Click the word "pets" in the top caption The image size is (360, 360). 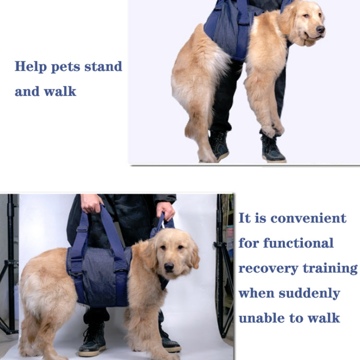click(x=64, y=66)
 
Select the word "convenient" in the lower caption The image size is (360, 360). click(x=308, y=218)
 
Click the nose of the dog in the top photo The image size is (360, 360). click(x=320, y=30)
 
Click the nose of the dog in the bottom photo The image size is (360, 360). click(x=169, y=266)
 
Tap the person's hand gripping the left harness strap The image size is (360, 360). click(x=91, y=203)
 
